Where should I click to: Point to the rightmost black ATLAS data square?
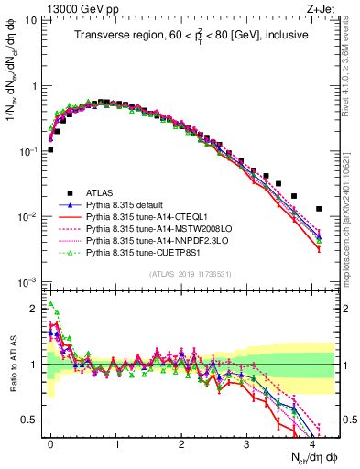point(319,209)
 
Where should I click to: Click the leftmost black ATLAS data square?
point(50,149)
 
